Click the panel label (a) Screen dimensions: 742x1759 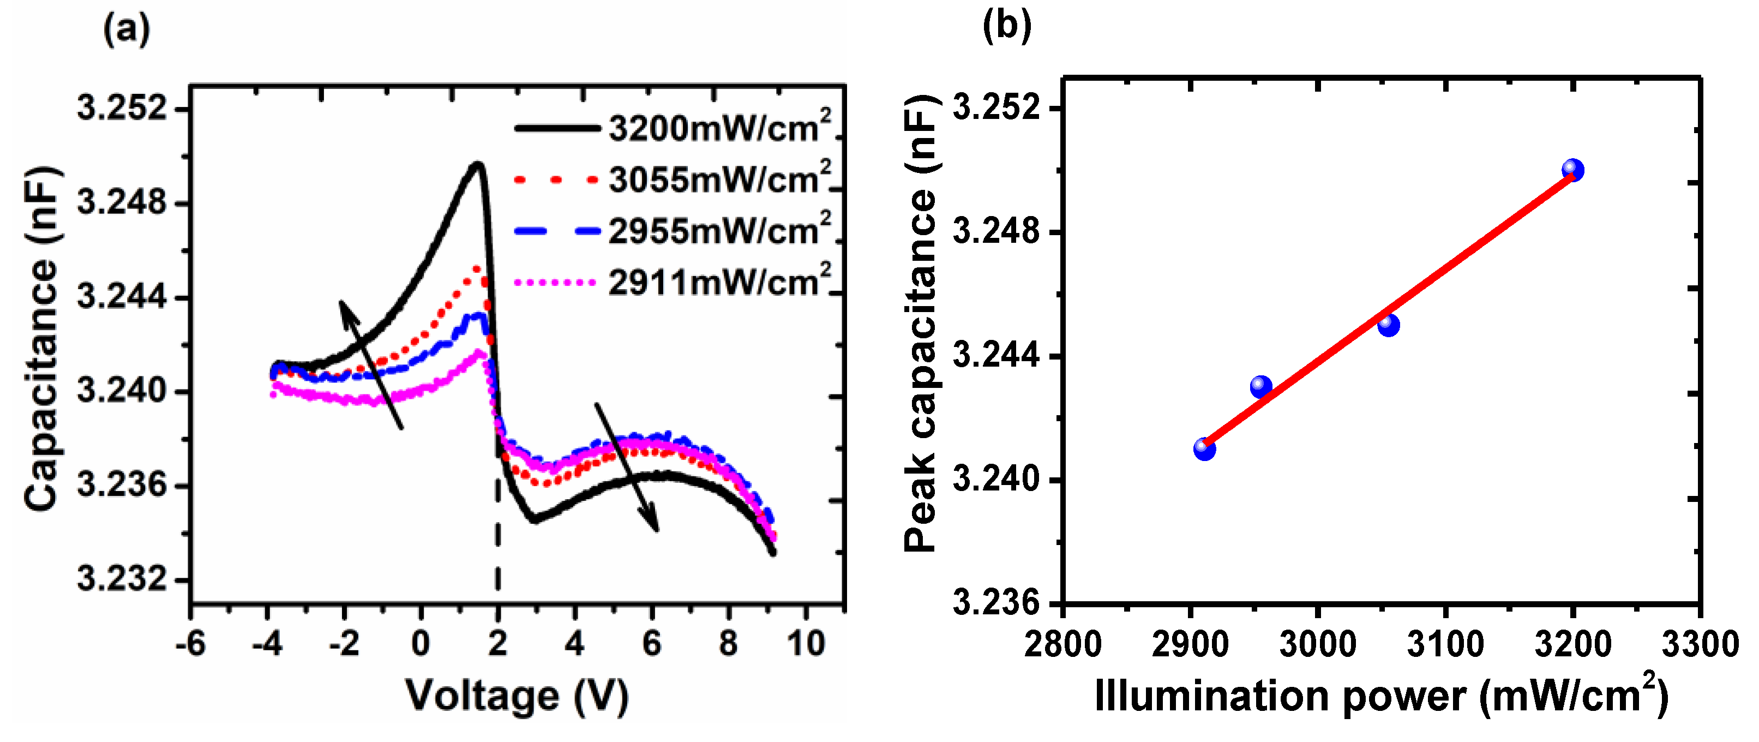point(127,29)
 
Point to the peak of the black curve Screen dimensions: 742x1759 point(477,164)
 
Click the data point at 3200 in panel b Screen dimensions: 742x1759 point(1572,170)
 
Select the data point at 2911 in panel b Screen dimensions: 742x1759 point(1204,449)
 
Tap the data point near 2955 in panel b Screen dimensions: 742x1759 point(1260,387)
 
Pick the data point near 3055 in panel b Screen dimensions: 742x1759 point(1388,325)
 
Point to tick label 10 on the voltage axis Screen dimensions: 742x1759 point(806,644)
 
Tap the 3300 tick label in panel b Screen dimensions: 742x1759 point(1700,645)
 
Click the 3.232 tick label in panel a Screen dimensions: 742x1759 point(122,579)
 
